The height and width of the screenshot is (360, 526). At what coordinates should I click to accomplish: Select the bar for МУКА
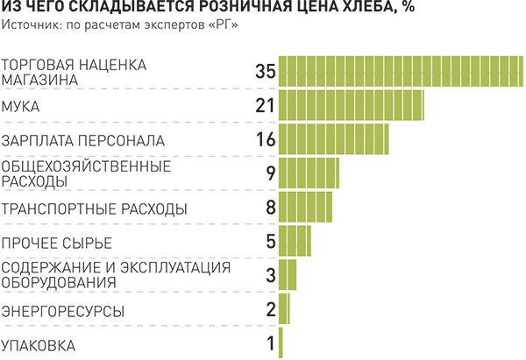[x=352, y=106]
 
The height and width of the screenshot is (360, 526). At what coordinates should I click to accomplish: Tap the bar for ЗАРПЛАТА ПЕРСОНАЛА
[x=334, y=139]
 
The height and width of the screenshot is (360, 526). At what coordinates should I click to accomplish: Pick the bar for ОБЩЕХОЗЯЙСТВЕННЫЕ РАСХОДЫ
[x=307, y=173]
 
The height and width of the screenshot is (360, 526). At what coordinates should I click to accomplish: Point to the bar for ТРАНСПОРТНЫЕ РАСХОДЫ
[x=305, y=208]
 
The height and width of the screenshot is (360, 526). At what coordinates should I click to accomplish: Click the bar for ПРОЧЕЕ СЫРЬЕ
[x=295, y=241]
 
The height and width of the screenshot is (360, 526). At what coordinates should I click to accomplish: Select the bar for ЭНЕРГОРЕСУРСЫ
[x=284, y=309]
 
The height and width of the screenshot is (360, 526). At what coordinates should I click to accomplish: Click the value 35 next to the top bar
[x=265, y=73]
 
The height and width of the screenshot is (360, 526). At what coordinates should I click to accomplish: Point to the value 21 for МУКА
[x=266, y=106]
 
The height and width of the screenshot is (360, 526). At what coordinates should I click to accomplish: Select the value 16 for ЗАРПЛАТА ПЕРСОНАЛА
[x=266, y=140]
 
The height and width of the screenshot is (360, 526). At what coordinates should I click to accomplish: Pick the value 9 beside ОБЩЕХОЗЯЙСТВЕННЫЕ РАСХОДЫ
[x=271, y=173]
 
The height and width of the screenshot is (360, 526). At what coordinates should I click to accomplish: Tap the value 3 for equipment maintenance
[x=271, y=275]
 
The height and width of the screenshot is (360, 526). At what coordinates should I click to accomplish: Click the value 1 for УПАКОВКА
[x=272, y=342]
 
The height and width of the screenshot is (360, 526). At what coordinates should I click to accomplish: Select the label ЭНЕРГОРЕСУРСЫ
[x=61, y=310]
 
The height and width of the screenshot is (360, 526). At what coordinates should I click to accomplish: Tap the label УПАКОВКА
[x=39, y=344]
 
